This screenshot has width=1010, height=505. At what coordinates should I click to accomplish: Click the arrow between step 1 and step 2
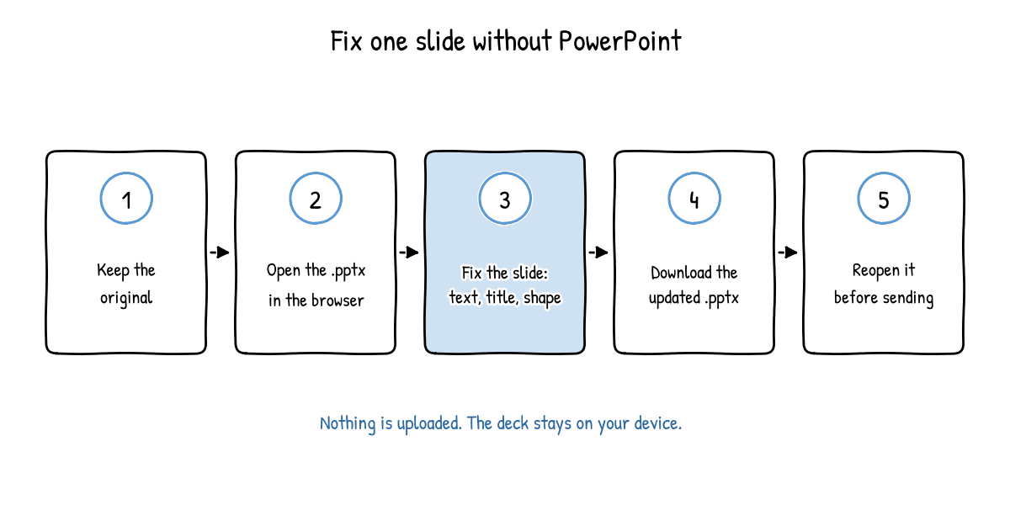point(220,252)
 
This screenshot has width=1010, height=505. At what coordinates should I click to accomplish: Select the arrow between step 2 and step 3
point(409,252)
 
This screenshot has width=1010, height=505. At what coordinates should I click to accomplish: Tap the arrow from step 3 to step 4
point(598,252)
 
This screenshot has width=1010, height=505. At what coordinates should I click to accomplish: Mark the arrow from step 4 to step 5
point(788,252)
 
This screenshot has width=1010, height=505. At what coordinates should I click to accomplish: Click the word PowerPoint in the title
point(620,40)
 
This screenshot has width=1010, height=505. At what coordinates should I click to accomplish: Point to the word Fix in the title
point(346,41)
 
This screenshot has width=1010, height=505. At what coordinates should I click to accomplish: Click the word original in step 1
point(126,299)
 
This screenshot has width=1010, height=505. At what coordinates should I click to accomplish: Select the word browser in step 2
point(338,300)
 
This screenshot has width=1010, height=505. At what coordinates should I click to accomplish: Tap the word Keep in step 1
point(113,270)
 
